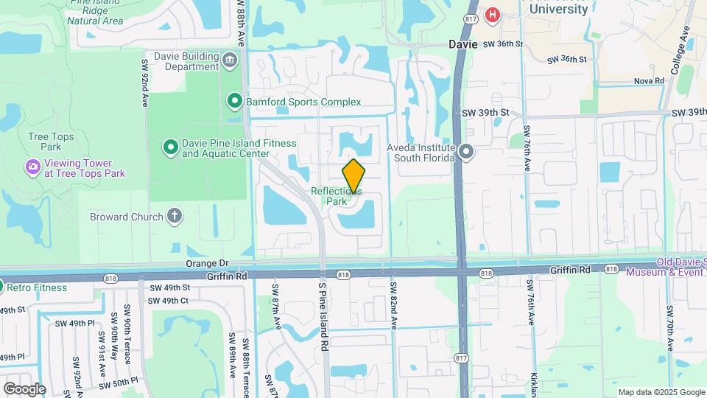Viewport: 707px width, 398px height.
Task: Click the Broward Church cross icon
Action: (x=174, y=216)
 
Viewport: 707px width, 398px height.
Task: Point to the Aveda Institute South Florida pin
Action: (x=466, y=153)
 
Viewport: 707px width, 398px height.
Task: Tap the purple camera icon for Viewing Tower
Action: (x=32, y=167)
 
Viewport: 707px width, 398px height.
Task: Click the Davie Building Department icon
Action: (x=230, y=60)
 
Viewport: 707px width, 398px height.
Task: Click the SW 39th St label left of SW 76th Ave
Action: (x=485, y=112)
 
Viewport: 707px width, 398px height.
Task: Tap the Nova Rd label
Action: (x=648, y=81)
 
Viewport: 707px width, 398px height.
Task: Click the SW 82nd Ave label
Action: (x=394, y=305)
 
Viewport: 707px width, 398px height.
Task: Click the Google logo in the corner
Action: (x=24, y=388)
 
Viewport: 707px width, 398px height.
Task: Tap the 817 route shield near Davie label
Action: (x=471, y=18)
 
